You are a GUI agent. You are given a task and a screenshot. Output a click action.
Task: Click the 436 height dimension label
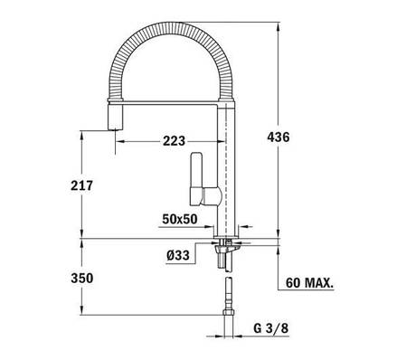click(x=279, y=137)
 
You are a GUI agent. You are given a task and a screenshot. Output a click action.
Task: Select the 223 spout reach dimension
click(x=174, y=141)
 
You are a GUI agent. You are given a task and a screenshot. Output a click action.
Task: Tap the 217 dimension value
click(x=81, y=185)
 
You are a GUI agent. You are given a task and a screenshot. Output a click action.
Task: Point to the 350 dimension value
click(x=82, y=278)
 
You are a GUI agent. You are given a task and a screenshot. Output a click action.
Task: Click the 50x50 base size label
click(x=180, y=219)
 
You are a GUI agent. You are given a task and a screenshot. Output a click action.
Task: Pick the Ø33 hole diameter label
click(x=178, y=256)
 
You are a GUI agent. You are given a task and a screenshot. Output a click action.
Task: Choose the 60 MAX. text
click(x=309, y=283)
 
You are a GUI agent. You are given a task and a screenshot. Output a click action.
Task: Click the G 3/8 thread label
click(x=271, y=328)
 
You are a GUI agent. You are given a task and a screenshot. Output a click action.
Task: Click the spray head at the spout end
click(x=115, y=117)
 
